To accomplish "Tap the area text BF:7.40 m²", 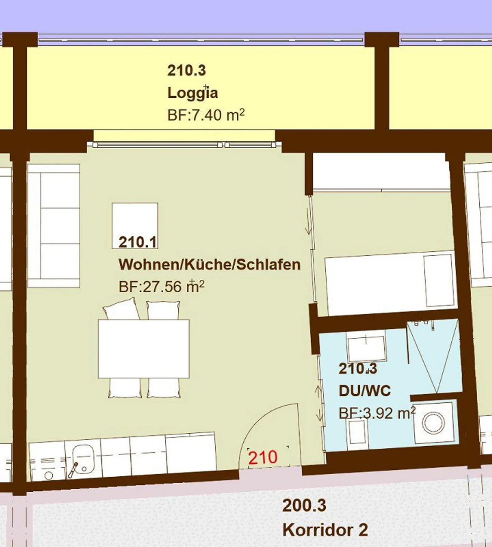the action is point(206,115).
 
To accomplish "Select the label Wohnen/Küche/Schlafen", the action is point(209,265).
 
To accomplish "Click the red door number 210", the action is point(263,458).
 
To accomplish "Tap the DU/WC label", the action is point(365,391).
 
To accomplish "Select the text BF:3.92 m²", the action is point(377,413).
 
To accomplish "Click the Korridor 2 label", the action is point(325,530).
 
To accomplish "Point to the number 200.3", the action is point(304,505).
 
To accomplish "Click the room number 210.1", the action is point(138,242).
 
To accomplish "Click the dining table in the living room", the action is point(143,349).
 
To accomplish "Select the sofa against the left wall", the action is point(54,226).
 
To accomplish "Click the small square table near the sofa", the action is point(135,226).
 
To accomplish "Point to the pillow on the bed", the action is point(439,281).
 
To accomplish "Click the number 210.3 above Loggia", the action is point(187,71).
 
